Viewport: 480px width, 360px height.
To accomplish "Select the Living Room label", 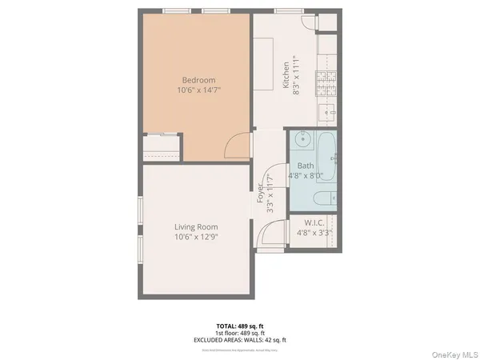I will [196, 227].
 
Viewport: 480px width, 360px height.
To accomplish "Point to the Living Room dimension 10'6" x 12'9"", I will [196, 238].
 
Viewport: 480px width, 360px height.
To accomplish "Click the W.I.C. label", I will [313, 222].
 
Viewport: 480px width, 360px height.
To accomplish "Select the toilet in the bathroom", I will [324, 198].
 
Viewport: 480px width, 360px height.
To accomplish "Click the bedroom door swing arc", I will [237, 146].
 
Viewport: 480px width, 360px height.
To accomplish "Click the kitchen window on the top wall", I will [285, 10].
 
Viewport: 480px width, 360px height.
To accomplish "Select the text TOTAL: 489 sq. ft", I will [240, 326].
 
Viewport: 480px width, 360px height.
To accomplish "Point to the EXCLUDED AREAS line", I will [240, 339].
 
